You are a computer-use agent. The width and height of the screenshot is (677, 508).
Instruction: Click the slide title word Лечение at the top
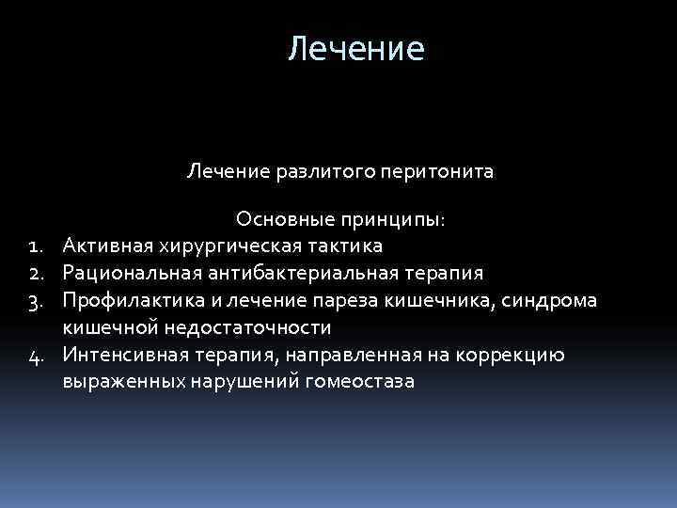(356, 49)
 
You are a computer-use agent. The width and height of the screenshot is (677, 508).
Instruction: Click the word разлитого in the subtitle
(302, 172)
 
